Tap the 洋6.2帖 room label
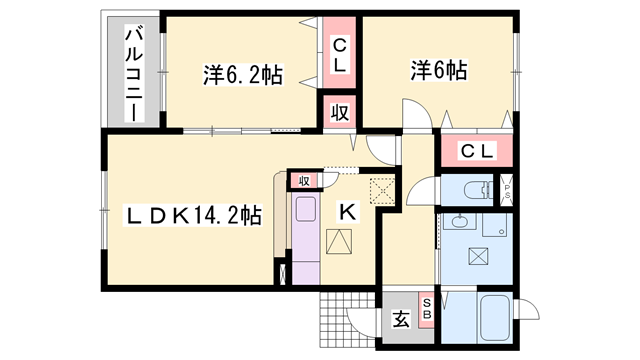tap(242, 73)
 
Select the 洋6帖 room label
tap(438, 71)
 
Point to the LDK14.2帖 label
tap(193, 215)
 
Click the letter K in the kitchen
tap(347, 211)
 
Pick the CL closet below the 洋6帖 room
tap(477, 151)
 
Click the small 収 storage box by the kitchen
tap(302, 180)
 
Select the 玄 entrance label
tap(400, 320)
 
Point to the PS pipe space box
tap(507, 188)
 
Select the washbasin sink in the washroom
tap(460, 221)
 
